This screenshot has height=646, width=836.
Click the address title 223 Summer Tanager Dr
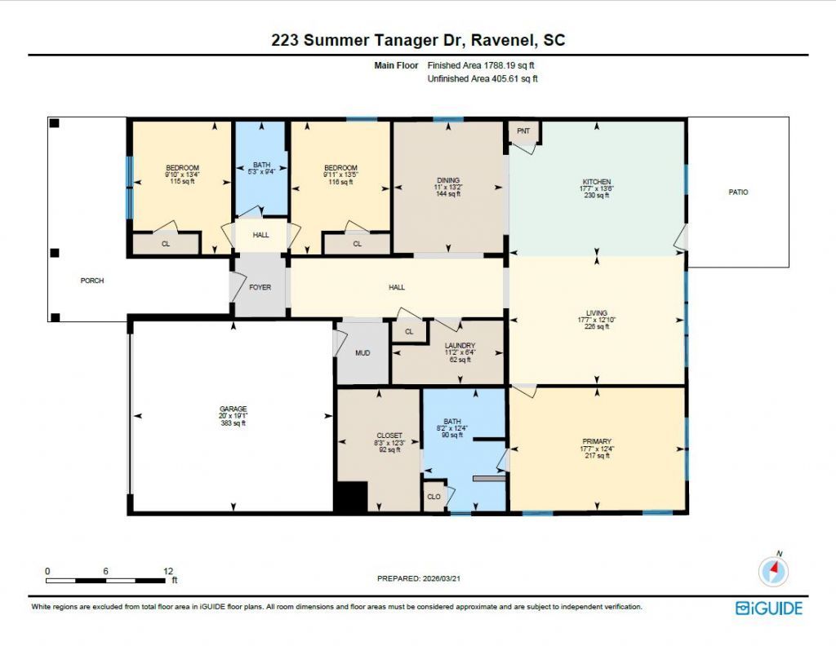click(417, 40)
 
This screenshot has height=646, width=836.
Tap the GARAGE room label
click(232, 409)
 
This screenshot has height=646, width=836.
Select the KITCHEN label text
click(596, 182)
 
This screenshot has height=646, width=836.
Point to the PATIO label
click(738, 192)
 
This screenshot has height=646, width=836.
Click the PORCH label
click(91, 281)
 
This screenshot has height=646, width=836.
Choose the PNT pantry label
click(523, 131)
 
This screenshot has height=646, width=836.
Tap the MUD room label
click(362, 354)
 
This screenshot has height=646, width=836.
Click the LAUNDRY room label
click(460, 346)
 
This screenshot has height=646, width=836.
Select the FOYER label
click(260, 287)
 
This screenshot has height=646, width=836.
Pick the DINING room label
click(447, 180)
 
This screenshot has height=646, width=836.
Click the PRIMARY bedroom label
click(596, 441)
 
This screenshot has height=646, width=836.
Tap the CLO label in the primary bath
click(434, 496)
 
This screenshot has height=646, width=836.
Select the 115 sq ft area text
click(182, 182)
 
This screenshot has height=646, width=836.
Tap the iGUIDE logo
click(768, 608)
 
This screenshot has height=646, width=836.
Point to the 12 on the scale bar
click(167, 571)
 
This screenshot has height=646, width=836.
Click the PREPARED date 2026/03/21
click(424, 578)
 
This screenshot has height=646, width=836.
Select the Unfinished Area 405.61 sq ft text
click(482, 79)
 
